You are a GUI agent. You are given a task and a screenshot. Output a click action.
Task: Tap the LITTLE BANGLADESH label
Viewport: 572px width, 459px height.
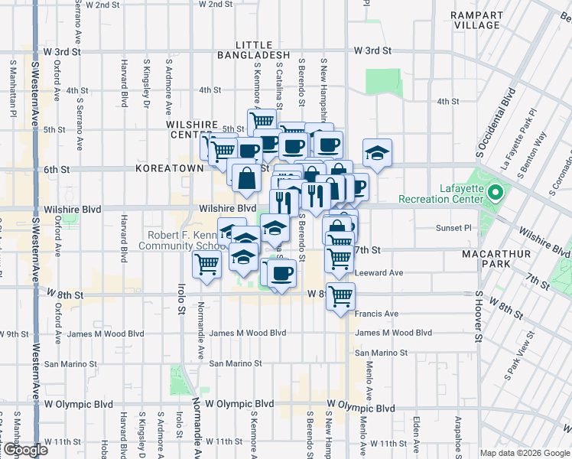pyautogui.click(x=243, y=50)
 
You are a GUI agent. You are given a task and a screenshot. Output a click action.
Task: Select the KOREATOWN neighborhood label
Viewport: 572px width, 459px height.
pyautogui.click(x=169, y=168)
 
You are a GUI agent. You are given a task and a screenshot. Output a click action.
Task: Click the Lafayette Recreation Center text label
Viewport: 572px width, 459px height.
pyautogui.click(x=461, y=194)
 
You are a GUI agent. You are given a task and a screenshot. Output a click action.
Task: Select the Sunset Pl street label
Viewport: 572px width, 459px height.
pyautogui.click(x=454, y=228)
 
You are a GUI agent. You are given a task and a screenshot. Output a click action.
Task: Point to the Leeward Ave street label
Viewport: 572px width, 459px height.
pyautogui.click(x=378, y=272)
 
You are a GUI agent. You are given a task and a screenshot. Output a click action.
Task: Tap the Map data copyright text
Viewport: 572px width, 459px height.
pyautogui.click(x=525, y=452)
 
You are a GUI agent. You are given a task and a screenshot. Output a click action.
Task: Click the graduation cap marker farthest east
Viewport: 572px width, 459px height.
pyautogui.click(x=377, y=153)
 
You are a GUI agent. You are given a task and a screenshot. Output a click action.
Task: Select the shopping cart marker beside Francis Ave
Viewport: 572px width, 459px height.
pyautogui.click(x=340, y=295)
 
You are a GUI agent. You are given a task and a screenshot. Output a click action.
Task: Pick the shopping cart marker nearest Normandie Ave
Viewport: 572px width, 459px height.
pyautogui.click(x=206, y=265)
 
